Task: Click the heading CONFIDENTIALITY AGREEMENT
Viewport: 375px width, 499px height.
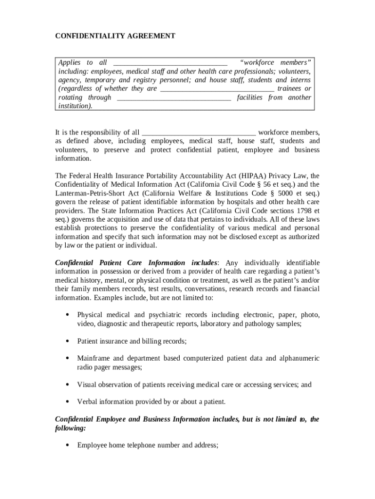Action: tap(115, 36)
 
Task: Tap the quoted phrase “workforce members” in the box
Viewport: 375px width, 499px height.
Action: tap(276, 62)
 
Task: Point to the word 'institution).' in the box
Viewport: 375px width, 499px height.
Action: tap(75, 106)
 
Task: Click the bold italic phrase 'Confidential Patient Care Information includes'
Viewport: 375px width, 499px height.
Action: tap(136, 263)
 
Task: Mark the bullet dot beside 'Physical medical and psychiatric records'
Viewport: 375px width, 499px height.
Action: tap(66, 315)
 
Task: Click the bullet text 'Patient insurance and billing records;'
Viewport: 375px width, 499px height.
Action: tap(132, 341)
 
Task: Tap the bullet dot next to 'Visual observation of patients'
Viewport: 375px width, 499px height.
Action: tap(66, 385)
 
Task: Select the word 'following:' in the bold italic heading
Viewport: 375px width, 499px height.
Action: tap(71, 428)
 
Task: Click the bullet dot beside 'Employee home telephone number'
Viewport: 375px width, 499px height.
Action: tap(66, 445)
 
